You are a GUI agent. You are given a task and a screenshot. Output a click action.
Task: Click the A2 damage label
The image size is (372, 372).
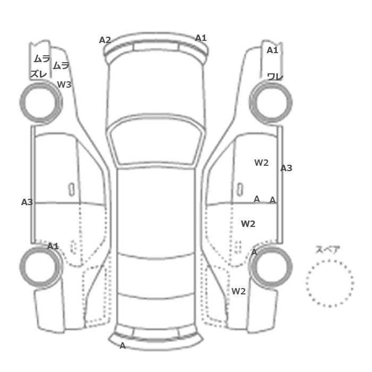point(105,40)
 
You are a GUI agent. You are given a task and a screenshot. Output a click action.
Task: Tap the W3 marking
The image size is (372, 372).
point(64,84)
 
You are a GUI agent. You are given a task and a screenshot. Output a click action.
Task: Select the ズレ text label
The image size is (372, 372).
point(39,74)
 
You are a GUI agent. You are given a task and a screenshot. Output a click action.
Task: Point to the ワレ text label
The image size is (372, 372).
point(275,77)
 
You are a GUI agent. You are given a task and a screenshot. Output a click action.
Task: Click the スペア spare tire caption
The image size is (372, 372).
point(324,250)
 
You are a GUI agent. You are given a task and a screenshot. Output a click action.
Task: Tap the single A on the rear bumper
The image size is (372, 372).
point(122,345)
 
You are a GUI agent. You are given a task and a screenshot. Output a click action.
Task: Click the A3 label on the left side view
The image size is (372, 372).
point(27,202)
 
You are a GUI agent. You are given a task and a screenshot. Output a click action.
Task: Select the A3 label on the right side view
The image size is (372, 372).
point(286,168)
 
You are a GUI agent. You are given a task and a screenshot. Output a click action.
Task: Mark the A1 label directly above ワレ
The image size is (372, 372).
point(272,50)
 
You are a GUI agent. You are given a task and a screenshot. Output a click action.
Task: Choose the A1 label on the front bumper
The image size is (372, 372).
point(201,38)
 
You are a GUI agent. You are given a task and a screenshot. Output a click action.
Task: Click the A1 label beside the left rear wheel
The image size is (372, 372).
point(53,246)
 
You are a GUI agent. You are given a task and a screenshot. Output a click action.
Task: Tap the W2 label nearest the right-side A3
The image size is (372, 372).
point(261,163)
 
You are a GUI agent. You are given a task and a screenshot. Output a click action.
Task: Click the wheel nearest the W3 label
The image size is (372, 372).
point(41,102)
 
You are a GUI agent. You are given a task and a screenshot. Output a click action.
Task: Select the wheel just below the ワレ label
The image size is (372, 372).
point(270,102)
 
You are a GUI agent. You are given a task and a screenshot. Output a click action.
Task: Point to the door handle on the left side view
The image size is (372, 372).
point(71,190)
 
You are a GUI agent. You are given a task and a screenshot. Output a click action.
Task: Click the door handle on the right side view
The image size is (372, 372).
point(240,190)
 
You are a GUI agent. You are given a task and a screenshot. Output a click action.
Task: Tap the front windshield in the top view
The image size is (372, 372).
point(156,141)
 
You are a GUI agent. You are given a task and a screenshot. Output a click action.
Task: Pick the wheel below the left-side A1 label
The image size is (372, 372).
point(41,267)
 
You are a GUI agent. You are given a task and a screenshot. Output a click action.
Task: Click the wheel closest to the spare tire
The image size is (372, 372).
point(270,267)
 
